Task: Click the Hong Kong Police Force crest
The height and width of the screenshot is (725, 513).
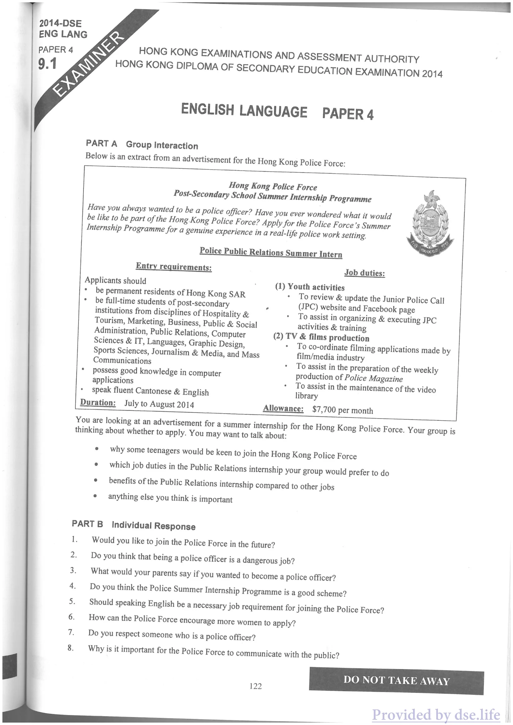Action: click(x=430, y=223)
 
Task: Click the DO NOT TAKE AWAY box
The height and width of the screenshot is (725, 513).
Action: click(x=396, y=681)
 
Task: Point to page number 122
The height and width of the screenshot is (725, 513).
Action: click(x=255, y=686)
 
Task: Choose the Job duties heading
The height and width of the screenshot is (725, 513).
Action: click(x=365, y=273)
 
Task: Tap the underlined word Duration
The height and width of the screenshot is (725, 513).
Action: click(x=98, y=403)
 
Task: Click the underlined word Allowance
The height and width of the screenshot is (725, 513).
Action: click(x=283, y=409)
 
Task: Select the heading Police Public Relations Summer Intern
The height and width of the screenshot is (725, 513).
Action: click(x=271, y=252)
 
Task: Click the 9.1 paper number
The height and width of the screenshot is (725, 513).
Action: click(x=47, y=64)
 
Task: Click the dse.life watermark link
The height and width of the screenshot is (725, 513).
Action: click(x=436, y=714)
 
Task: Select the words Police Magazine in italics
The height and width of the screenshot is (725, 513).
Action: click(x=373, y=378)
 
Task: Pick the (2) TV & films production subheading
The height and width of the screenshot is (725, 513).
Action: click(x=321, y=337)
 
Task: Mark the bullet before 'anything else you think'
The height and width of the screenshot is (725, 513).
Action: click(x=95, y=496)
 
